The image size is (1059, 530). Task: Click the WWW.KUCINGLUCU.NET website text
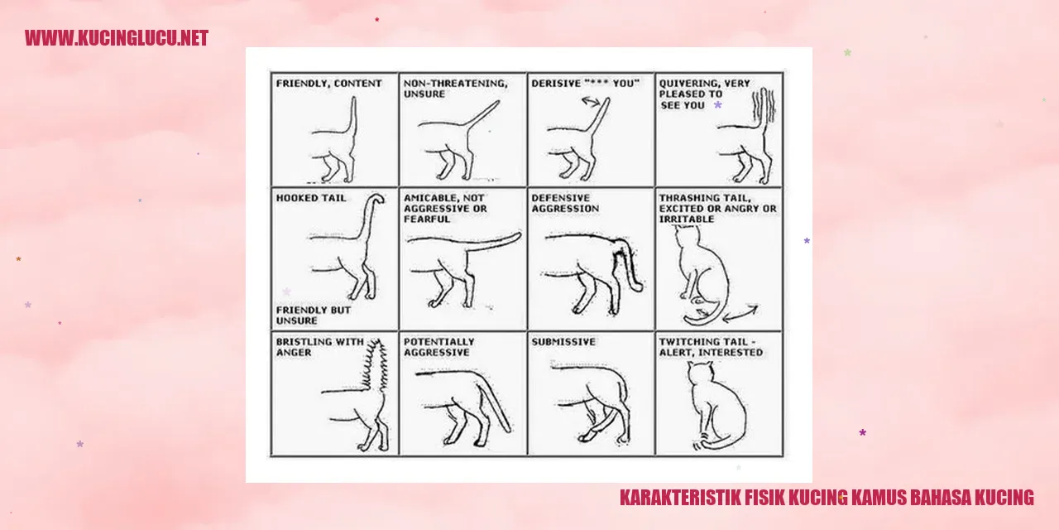[x=117, y=38]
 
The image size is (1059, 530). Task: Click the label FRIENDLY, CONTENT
[x=328, y=84]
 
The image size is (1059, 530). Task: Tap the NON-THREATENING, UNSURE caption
[x=455, y=89]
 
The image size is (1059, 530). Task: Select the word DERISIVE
[x=555, y=84]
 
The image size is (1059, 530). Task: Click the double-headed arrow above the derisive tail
[x=591, y=101]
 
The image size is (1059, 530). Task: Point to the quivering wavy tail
[x=764, y=107]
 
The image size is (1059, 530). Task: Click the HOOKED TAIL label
[x=310, y=198]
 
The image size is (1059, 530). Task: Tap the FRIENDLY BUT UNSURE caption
[x=314, y=316]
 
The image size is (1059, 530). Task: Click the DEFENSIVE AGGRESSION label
[x=565, y=203]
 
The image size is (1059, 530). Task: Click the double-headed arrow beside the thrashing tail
[x=740, y=313]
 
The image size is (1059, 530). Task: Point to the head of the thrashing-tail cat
[x=687, y=236]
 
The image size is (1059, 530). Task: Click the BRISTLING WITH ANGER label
[x=319, y=347]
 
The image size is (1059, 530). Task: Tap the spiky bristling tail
[x=376, y=364]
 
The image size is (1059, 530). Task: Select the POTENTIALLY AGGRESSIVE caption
[x=438, y=347]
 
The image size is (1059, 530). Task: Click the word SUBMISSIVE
[x=563, y=342]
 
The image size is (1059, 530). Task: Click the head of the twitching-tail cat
[x=701, y=373]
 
